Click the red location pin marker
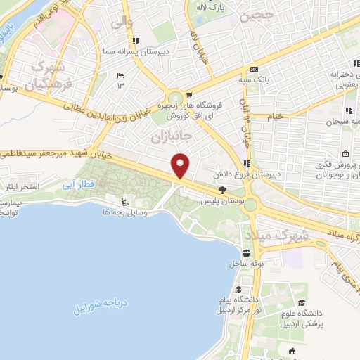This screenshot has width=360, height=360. tap(181, 165)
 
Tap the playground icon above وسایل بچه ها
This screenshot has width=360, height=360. tap(125, 201)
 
